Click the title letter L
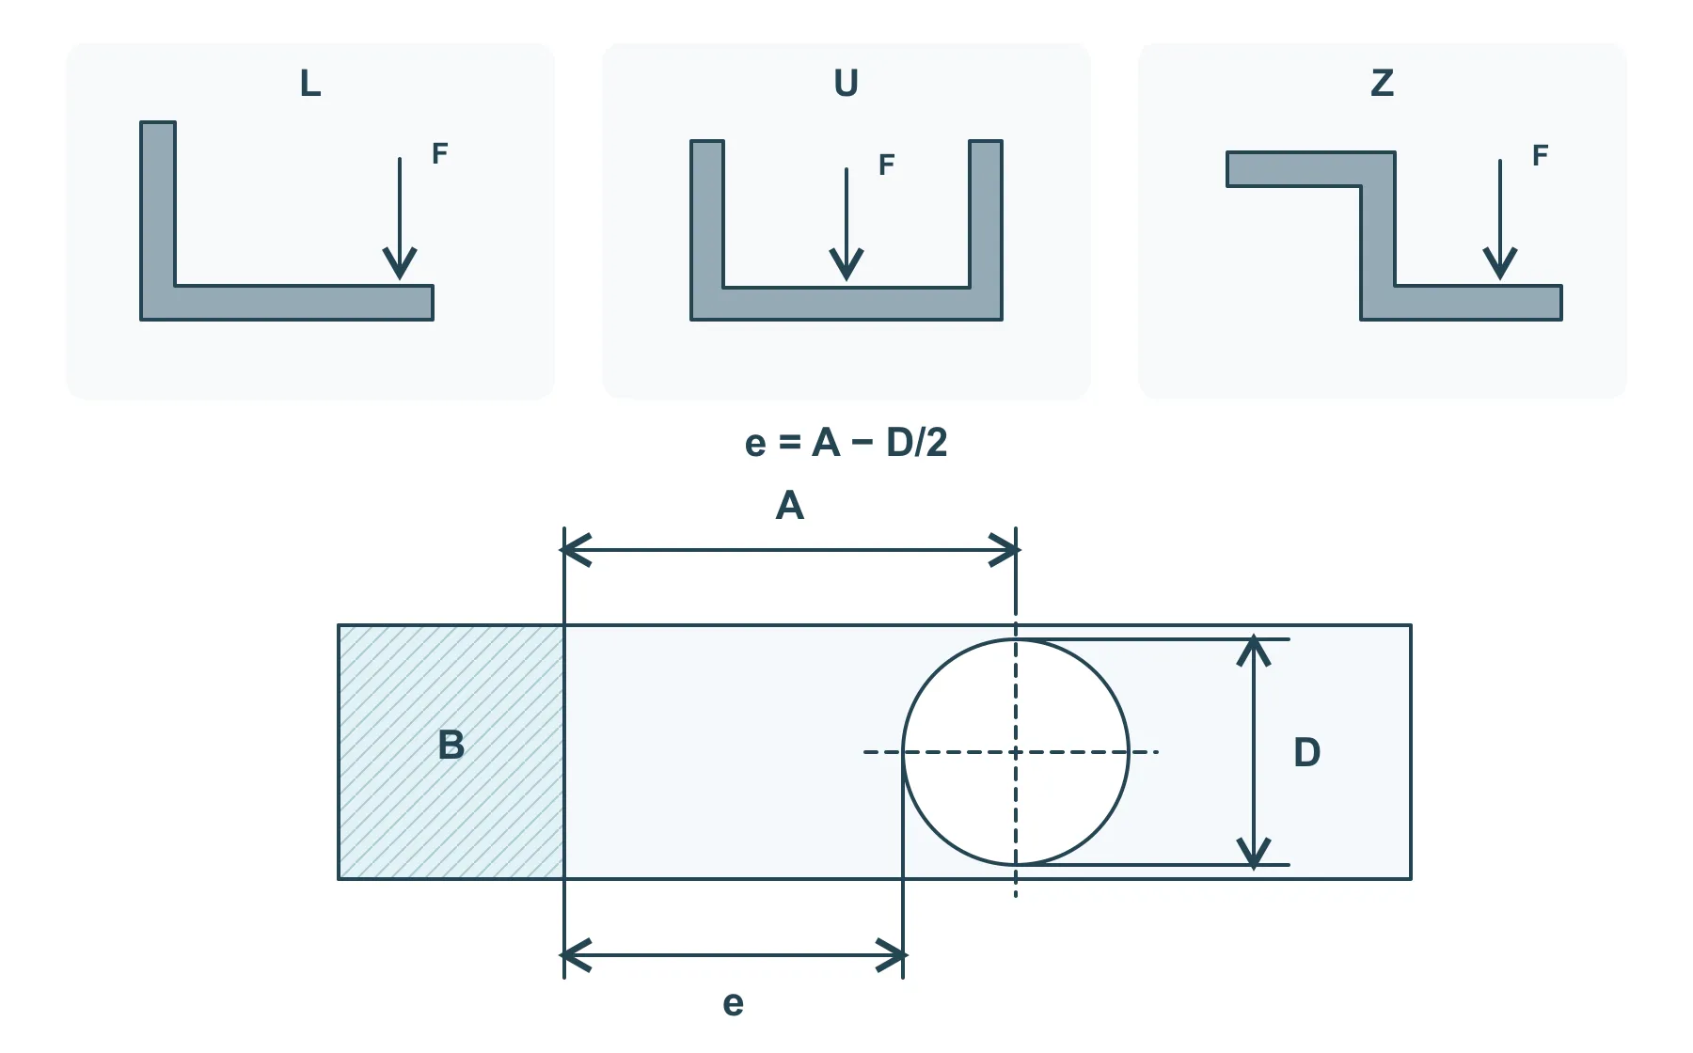coord(310,84)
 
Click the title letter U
coord(846,84)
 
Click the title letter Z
coord(1382,84)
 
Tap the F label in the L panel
coord(439,153)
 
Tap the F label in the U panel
coord(886,165)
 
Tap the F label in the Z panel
coord(1540,155)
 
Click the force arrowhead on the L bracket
coord(400,264)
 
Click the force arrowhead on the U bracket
coord(846,264)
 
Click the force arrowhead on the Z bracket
coord(1500,264)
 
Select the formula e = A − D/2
coord(846,442)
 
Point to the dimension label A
coord(790,506)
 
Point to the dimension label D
coord(1307,752)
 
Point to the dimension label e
coord(734,1004)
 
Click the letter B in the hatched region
coord(451,745)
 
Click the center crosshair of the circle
coord(1016,752)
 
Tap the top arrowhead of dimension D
coord(1254,652)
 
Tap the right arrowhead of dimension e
coord(890,955)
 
